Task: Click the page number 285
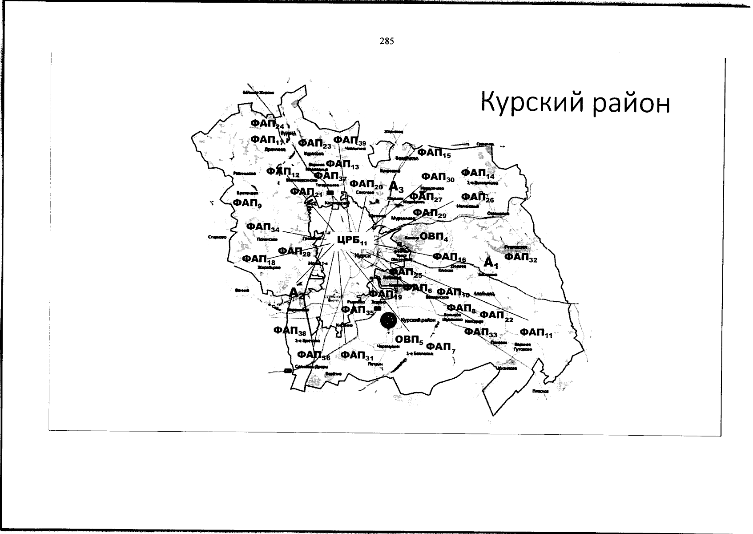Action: (387, 41)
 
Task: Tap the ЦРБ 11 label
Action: (352, 240)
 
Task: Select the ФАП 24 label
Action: (267, 124)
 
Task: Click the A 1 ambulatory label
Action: (491, 263)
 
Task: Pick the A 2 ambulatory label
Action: (296, 293)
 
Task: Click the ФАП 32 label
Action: (520, 257)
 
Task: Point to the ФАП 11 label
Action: (536, 333)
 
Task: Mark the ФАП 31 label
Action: (357, 356)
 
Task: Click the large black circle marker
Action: (389, 320)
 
